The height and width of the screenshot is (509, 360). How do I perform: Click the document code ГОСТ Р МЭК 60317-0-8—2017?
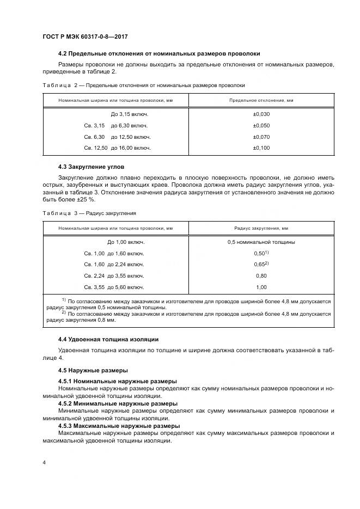point(88,36)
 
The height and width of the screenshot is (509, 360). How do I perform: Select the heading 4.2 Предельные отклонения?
point(158,53)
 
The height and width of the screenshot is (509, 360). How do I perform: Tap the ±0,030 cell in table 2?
point(261,114)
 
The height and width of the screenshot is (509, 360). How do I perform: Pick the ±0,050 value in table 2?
point(261,126)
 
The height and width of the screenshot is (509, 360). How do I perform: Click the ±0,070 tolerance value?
point(261,137)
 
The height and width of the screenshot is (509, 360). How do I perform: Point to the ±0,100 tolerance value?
point(261,148)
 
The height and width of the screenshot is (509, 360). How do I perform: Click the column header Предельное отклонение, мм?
point(261,101)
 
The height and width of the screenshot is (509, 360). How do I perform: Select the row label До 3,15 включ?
point(129,114)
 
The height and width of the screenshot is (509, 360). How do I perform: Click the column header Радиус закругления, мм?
point(261,229)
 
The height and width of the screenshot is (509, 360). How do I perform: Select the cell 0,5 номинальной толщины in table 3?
point(261,242)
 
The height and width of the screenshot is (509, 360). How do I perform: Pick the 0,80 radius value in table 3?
point(261,275)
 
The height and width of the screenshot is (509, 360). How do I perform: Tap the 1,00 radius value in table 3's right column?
point(261,287)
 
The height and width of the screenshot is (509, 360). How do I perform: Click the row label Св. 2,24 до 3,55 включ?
point(114,275)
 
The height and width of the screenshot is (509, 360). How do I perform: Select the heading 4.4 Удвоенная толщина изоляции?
point(108,339)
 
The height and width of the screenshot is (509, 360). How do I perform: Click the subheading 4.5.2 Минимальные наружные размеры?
point(118,403)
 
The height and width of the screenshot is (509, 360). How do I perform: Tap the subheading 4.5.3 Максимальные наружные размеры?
point(119,426)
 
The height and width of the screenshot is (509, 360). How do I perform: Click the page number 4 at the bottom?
point(44,462)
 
